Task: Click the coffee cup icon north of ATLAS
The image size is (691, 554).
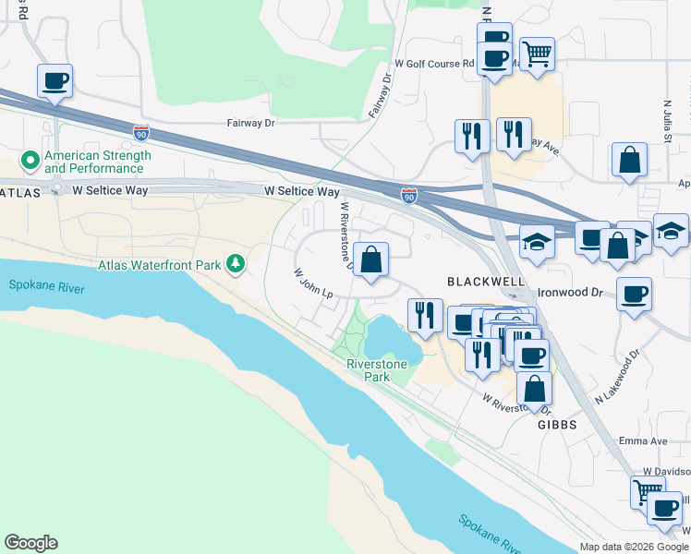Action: tap(55, 80)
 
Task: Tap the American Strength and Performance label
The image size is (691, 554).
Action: tap(94, 163)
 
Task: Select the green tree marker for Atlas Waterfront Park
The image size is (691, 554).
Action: tap(236, 265)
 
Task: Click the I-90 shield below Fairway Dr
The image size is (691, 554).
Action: tap(140, 133)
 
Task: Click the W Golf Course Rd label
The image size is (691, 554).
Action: tap(433, 64)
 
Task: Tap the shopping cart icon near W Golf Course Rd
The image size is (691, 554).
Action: tap(537, 53)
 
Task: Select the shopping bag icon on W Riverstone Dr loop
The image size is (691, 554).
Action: tap(370, 260)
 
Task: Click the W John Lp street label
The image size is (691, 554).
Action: tap(312, 283)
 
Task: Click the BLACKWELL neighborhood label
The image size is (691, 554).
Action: tap(486, 281)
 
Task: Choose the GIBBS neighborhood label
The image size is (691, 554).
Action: tap(557, 425)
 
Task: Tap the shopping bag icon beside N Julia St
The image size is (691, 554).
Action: tap(629, 160)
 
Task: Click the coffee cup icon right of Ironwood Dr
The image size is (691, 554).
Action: tap(634, 295)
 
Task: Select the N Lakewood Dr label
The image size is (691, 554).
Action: tap(618, 376)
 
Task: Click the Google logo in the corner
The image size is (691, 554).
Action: tap(30, 543)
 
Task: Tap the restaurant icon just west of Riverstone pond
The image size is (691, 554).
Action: tap(425, 315)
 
